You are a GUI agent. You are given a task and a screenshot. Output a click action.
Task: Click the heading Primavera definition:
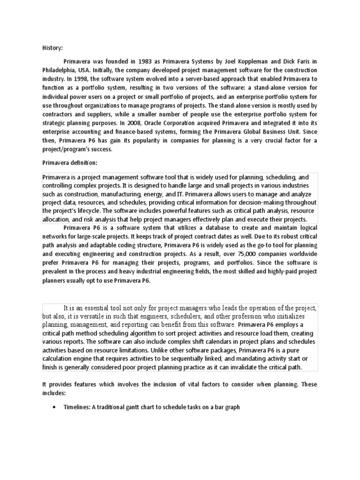coord(67,163)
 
